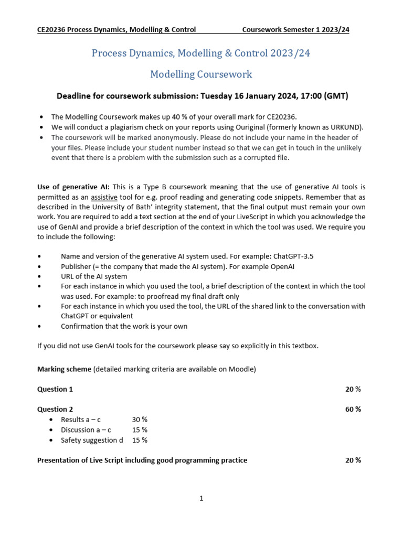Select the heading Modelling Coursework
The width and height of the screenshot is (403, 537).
[201, 74]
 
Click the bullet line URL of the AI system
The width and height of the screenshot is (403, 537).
[94, 276]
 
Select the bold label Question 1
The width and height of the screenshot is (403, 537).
[55, 389]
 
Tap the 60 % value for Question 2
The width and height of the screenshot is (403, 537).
[353, 409]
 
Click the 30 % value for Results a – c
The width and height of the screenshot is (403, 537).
[140, 420]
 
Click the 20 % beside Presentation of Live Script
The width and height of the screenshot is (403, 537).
[353, 460]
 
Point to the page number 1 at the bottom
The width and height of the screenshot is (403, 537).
[201, 499]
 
